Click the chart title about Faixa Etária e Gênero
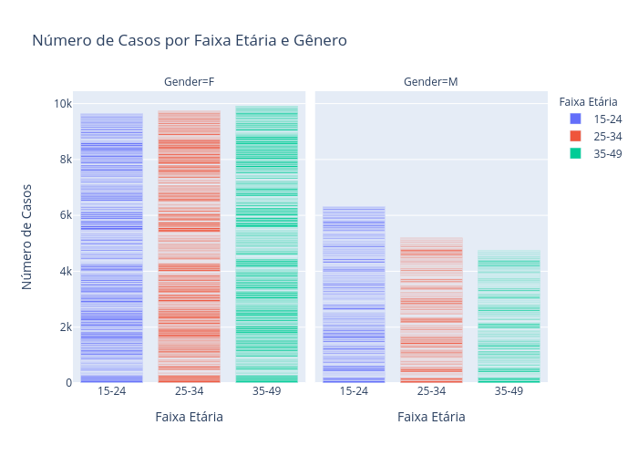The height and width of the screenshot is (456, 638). click(x=190, y=41)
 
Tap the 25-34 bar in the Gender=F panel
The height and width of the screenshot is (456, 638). click(x=190, y=246)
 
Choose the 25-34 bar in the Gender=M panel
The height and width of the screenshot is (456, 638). click(x=431, y=310)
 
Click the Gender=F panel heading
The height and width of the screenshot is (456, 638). click(x=190, y=82)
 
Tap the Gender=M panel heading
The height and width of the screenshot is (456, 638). click(x=431, y=82)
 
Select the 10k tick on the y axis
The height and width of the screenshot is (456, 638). click(x=62, y=104)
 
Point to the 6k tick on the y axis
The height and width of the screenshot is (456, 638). click(x=64, y=215)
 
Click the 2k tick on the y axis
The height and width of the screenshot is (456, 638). click(x=64, y=327)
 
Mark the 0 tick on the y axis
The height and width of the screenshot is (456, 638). click(x=68, y=383)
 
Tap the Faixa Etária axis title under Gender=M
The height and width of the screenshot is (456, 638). click(x=431, y=417)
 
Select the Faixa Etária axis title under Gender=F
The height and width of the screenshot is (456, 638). click(x=190, y=417)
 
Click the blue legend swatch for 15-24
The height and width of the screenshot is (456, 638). click(x=574, y=119)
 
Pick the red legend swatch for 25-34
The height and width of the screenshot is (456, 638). click(x=574, y=136)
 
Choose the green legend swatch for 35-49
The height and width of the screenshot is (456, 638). click(x=574, y=153)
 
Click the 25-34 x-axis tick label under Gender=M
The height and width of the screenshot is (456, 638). click(x=431, y=391)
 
